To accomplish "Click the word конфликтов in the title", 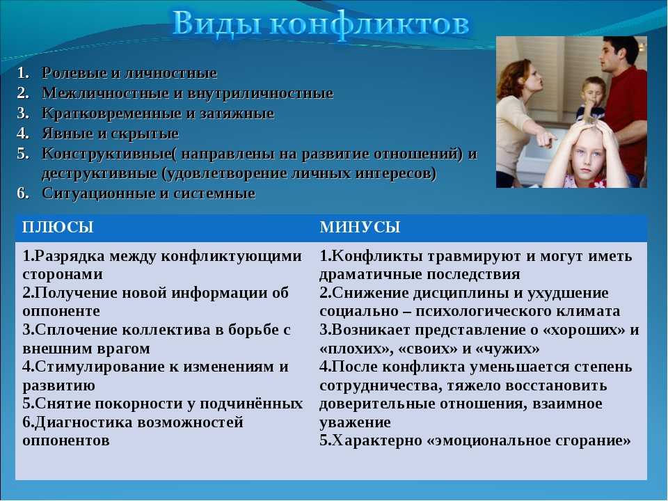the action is [x=369, y=24].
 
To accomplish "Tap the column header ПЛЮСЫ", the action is [x=58, y=227].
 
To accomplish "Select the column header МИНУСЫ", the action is [x=360, y=227].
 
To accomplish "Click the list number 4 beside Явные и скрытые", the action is [x=22, y=134].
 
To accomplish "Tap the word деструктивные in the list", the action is [x=100, y=174].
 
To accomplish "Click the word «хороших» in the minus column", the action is [x=584, y=330].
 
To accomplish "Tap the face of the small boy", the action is [x=592, y=93].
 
